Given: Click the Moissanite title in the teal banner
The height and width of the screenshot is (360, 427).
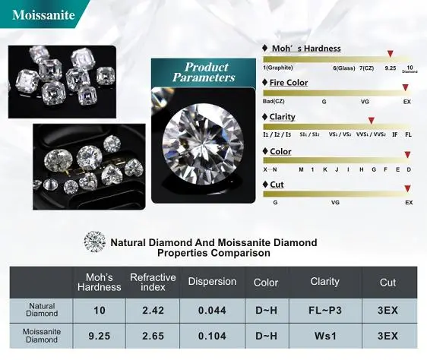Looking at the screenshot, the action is pyautogui.click(x=43, y=14).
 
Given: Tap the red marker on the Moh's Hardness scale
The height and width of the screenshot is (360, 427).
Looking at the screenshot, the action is pyautogui.click(x=391, y=54).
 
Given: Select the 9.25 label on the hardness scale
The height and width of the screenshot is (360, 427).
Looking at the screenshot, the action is pyautogui.click(x=391, y=68).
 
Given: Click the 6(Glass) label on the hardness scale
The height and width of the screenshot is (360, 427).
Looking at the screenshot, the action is pyautogui.click(x=344, y=68).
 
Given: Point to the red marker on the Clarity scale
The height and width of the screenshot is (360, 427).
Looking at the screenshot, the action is pyautogui.click(x=372, y=120).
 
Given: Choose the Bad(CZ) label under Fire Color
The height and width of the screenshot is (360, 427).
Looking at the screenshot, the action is pyautogui.click(x=274, y=101).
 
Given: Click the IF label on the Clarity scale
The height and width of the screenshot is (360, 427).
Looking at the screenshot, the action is pyautogui.click(x=394, y=134).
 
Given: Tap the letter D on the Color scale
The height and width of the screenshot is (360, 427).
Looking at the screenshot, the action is pyautogui.click(x=409, y=169).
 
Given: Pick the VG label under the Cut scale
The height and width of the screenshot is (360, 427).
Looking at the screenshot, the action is pyautogui.click(x=335, y=203).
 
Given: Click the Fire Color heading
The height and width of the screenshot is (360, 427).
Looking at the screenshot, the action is pyautogui.click(x=289, y=83).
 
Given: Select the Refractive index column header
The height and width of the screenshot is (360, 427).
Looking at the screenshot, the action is pyautogui.click(x=153, y=282).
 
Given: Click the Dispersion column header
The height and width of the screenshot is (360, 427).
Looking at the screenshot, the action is pyautogui.click(x=212, y=282).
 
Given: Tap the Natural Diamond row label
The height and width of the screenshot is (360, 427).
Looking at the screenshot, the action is pyautogui.click(x=42, y=310).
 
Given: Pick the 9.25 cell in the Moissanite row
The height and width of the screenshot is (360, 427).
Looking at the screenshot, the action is pyautogui.click(x=99, y=336).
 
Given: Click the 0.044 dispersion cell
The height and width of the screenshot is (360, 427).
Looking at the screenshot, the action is pyautogui.click(x=212, y=311).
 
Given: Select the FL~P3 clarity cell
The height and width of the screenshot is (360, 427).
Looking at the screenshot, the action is pyautogui.click(x=325, y=311).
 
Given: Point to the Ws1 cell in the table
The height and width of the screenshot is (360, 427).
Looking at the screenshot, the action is pyautogui.click(x=325, y=336).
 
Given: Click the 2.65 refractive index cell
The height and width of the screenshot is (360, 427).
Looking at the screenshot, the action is pyautogui.click(x=153, y=336).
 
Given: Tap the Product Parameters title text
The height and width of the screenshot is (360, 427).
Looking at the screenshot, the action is pyautogui.click(x=204, y=72).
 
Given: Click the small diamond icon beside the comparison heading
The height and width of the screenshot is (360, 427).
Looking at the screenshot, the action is pyautogui.click(x=94, y=242).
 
